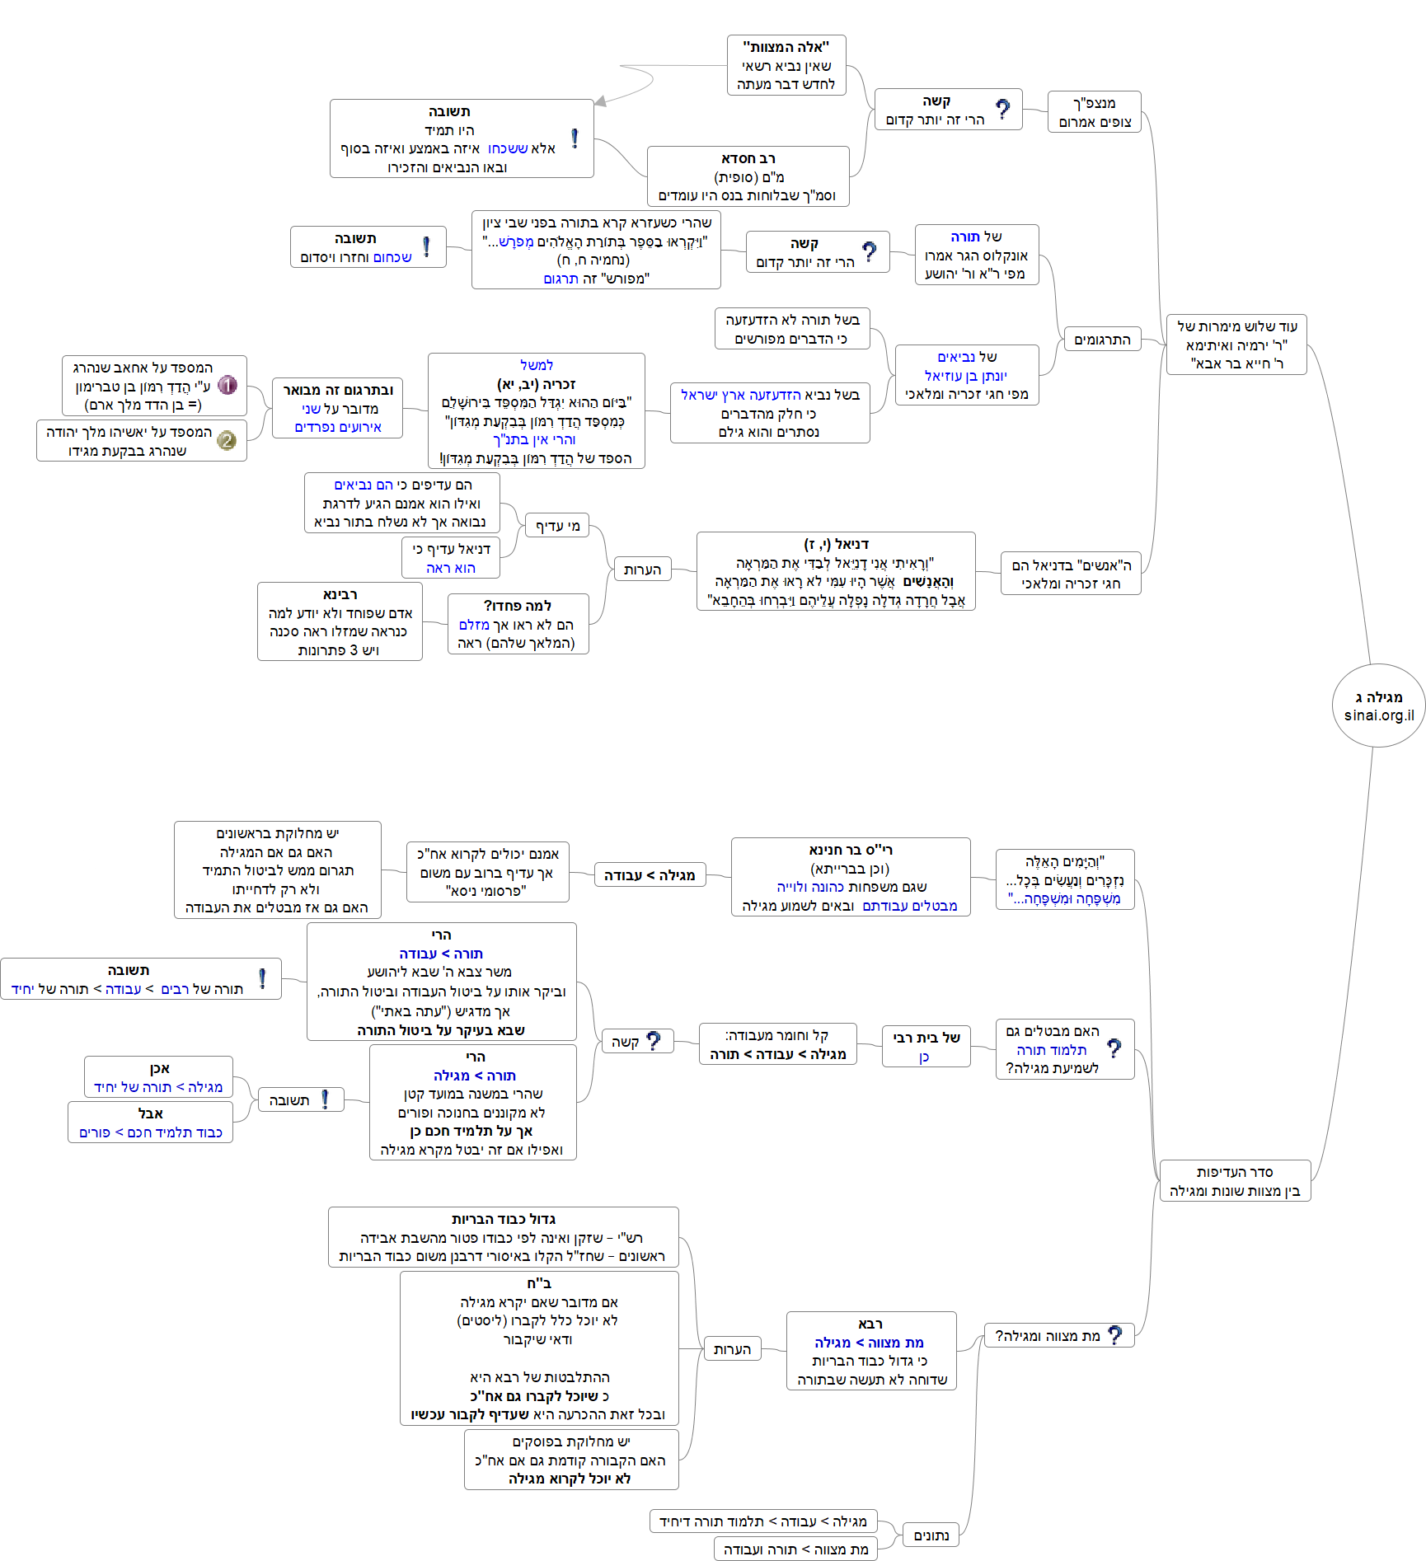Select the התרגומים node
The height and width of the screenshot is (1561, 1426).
(1102, 340)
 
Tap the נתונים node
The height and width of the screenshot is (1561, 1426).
(931, 1535)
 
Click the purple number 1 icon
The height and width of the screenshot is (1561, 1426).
(228, 385)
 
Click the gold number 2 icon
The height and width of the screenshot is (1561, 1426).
(227, 440)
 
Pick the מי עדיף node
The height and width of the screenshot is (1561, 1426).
(558, 526)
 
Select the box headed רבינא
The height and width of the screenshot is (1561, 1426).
(340, 621)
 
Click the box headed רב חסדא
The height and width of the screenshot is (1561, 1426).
(748, 176)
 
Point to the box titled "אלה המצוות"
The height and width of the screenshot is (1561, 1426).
(786, 65)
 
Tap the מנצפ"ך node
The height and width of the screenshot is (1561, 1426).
(1094, 112)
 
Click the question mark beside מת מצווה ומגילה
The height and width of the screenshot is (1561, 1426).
(1115, 1335)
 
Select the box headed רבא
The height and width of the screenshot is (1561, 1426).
(871, 1350)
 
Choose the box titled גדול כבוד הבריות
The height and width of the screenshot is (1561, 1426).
(503, 1236)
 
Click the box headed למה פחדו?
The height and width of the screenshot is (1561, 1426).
(518, 624)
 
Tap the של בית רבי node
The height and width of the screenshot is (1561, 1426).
(926, 1047)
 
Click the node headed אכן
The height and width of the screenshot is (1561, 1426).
(158, 1077)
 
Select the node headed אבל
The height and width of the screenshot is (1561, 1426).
(150, 1123)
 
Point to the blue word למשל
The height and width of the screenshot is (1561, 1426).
(537, 365)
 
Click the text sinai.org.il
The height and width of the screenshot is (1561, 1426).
(1379, 715)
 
